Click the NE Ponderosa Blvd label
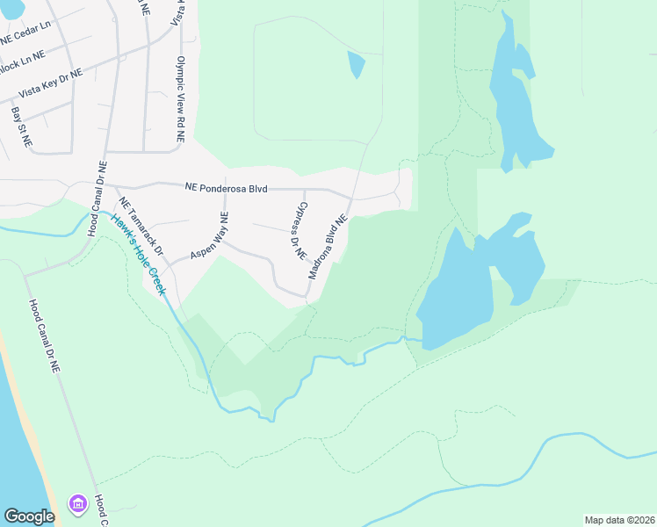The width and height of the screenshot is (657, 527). [226, 187]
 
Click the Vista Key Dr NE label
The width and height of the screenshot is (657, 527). [50, 83]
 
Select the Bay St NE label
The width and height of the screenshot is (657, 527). [22, 126]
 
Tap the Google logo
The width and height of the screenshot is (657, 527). [29, 516]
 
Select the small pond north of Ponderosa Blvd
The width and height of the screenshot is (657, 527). [356, 64]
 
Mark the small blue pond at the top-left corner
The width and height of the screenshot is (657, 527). [11, 7]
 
